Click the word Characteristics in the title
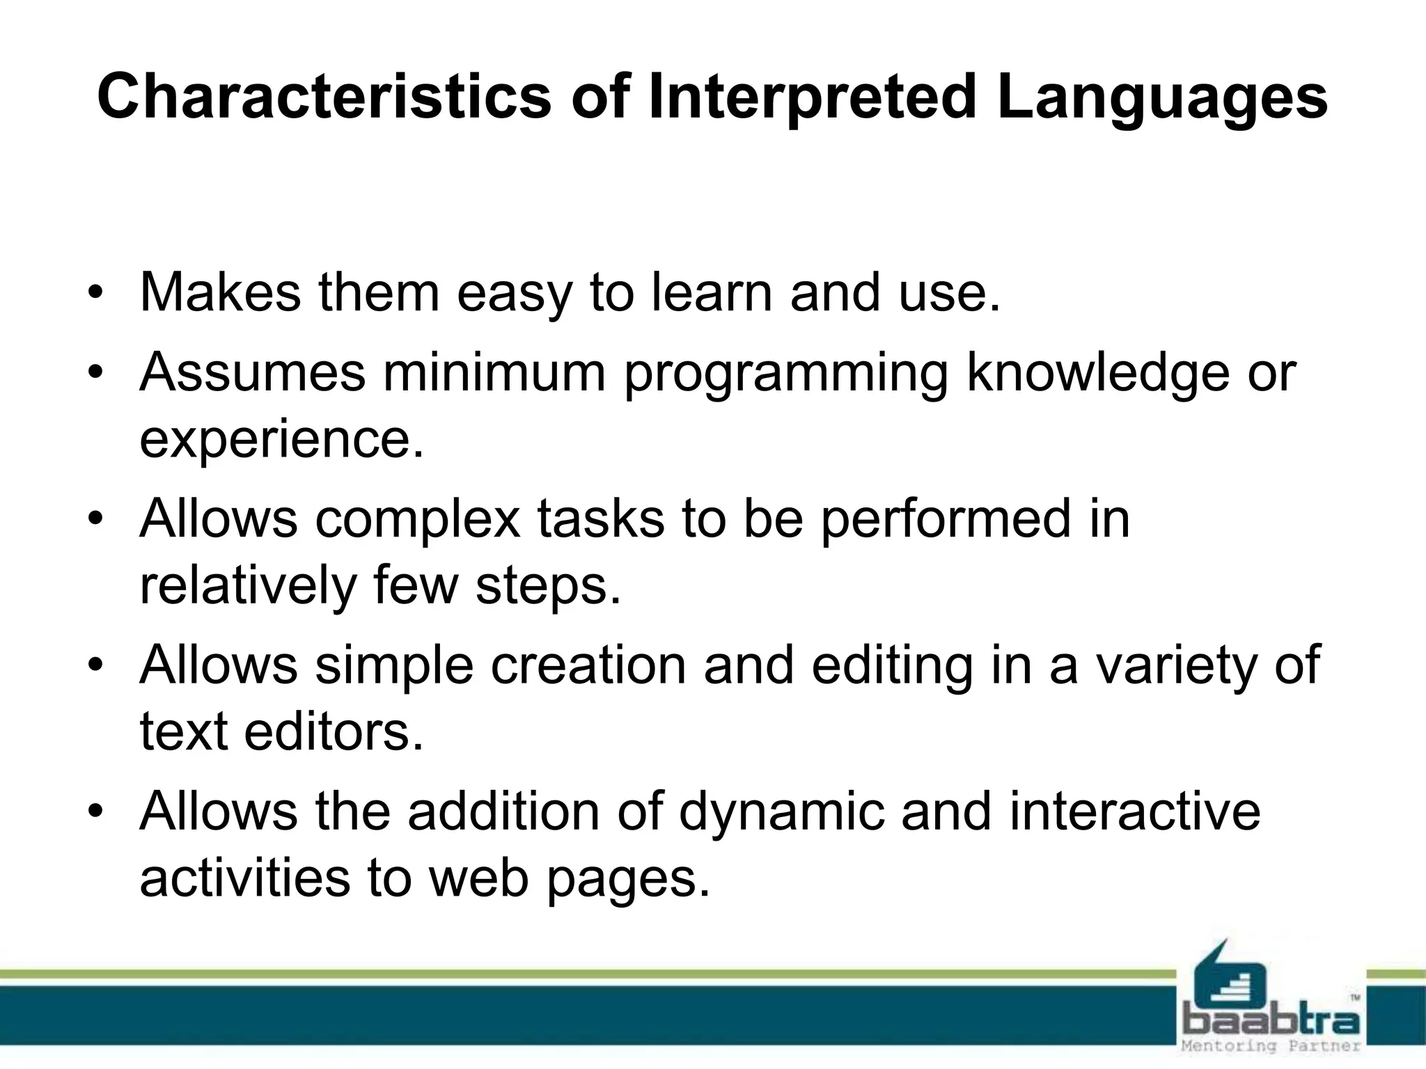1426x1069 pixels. (x=324, y=97)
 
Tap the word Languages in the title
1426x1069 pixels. (x=1161, y=97)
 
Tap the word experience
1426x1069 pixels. (x=281, y=440)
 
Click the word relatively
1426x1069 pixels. (x=248, y=585)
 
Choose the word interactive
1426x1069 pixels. (x=1135, y=811)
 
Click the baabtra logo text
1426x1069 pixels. (x=1271, y=1022)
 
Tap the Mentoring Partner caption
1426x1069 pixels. (x=1271, y=1046)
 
